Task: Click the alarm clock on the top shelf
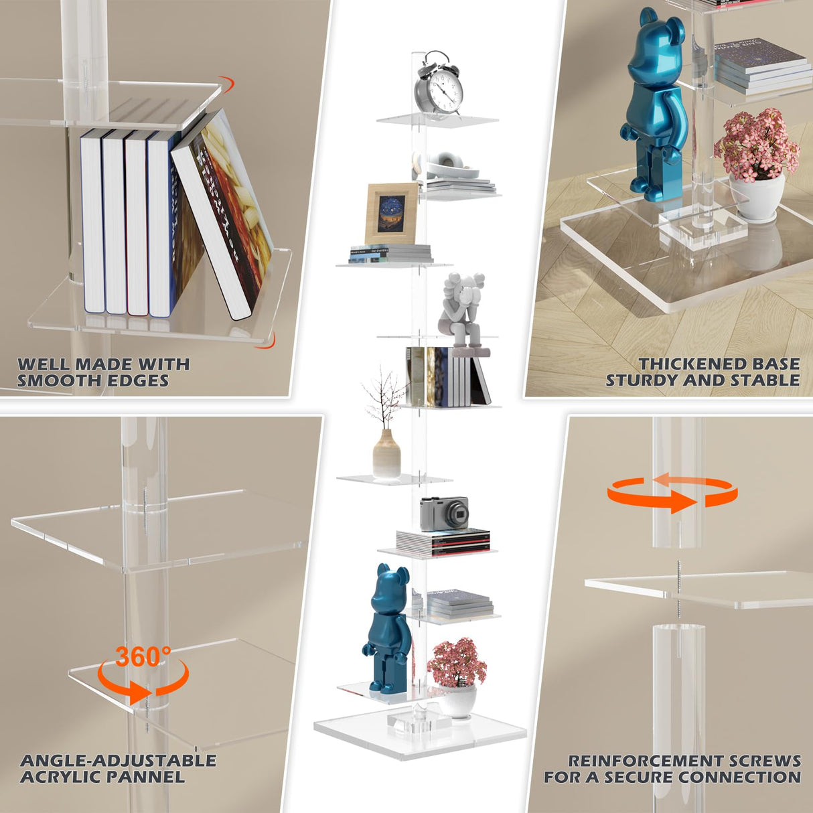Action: [x=439, y=84]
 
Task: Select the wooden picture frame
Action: [x=391, y=213]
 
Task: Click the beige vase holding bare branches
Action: [x=386, y=453]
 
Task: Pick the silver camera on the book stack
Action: [x=444, y=514]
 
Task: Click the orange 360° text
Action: [x=143, y=657]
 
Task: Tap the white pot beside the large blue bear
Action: [x=756, y=195]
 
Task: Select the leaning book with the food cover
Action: [x=223, y=214]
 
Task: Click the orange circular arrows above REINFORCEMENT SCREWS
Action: [x=672, y=493]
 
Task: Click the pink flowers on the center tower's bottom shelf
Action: [x=457, y=661]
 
